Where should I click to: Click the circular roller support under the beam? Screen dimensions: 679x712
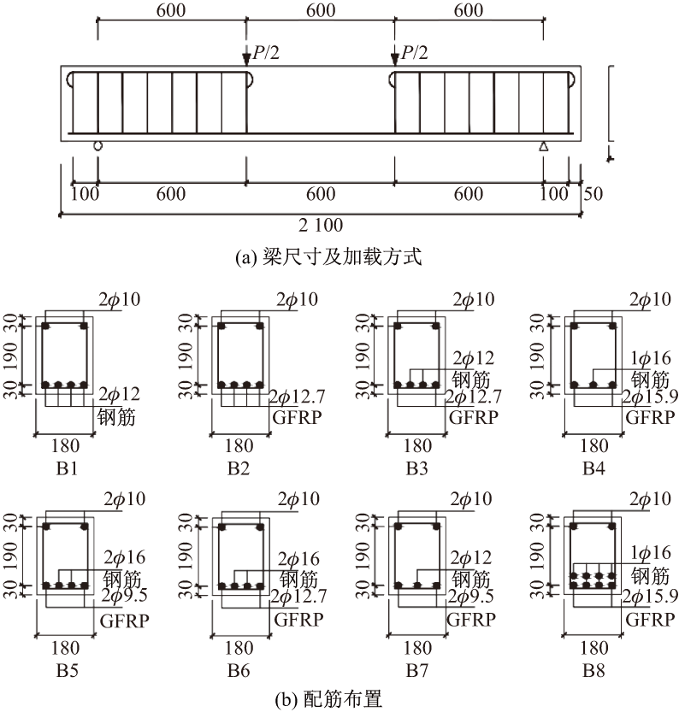(x=97, y=145)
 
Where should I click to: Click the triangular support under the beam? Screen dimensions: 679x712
(x=543, y=146)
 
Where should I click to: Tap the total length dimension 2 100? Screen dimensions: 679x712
(x=321, y=225)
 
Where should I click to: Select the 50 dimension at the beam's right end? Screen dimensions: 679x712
(x=593, y=194)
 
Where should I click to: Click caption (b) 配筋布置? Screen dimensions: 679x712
(x=328, y=699)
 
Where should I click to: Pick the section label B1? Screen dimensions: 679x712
(x=68, y=468)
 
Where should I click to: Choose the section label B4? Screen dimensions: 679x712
(x=593, y=468)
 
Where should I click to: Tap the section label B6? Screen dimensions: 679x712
(x=239, y=670)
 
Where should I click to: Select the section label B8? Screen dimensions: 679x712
(x=593, y=670)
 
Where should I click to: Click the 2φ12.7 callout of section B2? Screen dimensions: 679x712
(x=298, y=397)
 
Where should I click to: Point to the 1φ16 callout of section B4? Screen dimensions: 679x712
(x=650, y=358)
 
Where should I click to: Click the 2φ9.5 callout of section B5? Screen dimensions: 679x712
(x=125, y=595)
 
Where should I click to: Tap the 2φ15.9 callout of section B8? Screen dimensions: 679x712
(x=650, y=596)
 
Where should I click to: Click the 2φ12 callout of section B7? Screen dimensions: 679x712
(x=471, y=557)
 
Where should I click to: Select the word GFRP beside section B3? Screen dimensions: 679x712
(x=473, y=417)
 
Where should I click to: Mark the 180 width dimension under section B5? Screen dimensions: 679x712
(x=65, y=648)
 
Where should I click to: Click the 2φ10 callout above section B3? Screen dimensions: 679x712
(x=473, y=299)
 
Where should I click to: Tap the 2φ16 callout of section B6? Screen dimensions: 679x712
(x=298, y=559)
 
